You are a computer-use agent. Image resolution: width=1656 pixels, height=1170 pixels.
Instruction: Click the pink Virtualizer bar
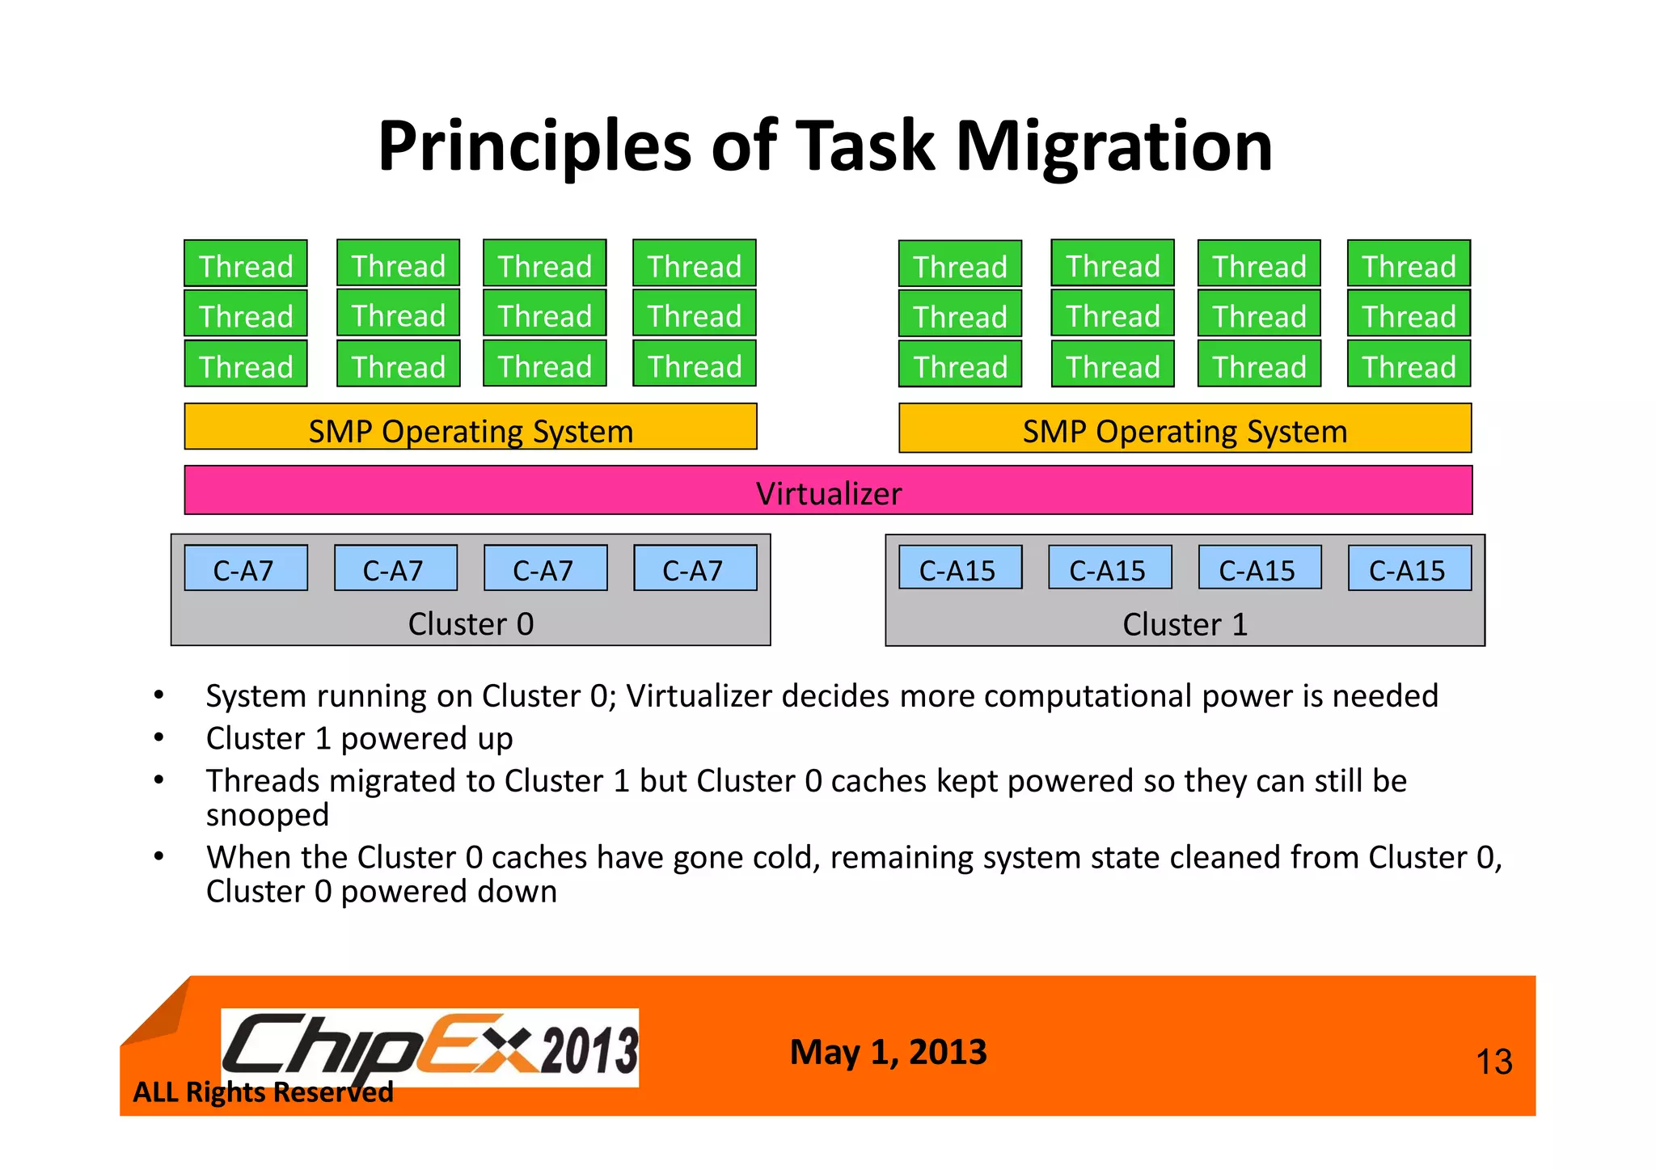pyautogui.click(x=828, y=491)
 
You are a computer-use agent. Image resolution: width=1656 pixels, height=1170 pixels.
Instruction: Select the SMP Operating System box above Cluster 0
pyautogui.click(x=471, y=427)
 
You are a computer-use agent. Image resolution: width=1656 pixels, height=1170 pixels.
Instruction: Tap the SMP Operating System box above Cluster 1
pyautogui.click(x=1185, y=429)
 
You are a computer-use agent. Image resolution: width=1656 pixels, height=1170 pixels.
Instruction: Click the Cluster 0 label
pyautogui.click(x=471, y=624)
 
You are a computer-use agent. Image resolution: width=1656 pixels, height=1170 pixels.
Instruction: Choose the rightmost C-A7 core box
pyautogui.click(x=695, y=568)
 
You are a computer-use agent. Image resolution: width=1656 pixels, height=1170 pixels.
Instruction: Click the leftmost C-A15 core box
pyautogui.click(x=960, y=568)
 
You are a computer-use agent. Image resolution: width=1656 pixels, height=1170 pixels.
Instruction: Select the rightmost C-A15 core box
pyautogui.click(x=1409, y=568)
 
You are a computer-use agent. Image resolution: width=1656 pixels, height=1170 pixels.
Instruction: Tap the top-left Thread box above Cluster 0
pyautogui.click(x=246, y=264)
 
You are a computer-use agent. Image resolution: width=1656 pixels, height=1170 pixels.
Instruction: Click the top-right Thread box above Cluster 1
pyautogui.click(x=1409, y=264)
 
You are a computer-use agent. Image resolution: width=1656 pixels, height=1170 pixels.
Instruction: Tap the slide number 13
pyautogui.click(x=1493, y=1062)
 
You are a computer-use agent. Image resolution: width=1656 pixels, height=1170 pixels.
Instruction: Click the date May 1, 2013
pyautogui.click(x=888, y=1052)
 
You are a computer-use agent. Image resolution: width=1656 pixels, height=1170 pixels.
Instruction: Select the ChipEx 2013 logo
pyautogui.click(x=429, y=1047)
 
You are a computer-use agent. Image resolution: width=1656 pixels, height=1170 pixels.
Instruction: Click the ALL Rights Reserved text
pyautogui.click(x=263, y=1092)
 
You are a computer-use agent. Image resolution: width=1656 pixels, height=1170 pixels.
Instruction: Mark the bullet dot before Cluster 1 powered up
pyautogui.click(x=159, y=737)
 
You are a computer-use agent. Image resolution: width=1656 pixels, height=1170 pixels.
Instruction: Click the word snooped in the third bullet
pyautogui.click(x=267, y=815)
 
